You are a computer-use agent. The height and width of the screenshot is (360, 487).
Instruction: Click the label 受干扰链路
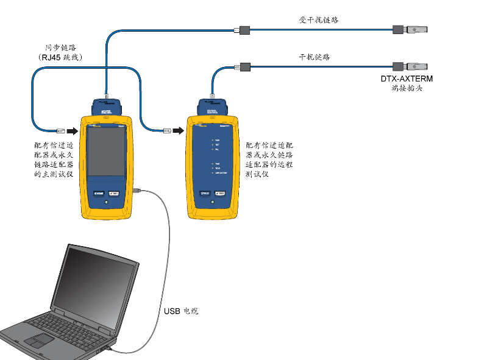click(318, 19)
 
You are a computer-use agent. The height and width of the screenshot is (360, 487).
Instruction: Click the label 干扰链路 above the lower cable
click(314, 57)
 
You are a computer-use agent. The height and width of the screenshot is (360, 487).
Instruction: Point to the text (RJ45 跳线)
click(60, 57)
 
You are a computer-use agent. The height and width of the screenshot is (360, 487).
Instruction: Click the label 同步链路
click(61, 47)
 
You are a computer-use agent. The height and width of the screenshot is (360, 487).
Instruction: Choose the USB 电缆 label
click(181, 311)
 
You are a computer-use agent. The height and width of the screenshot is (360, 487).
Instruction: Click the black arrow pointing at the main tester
click(73, 130)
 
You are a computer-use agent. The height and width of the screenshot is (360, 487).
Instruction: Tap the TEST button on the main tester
click(115, 194)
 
